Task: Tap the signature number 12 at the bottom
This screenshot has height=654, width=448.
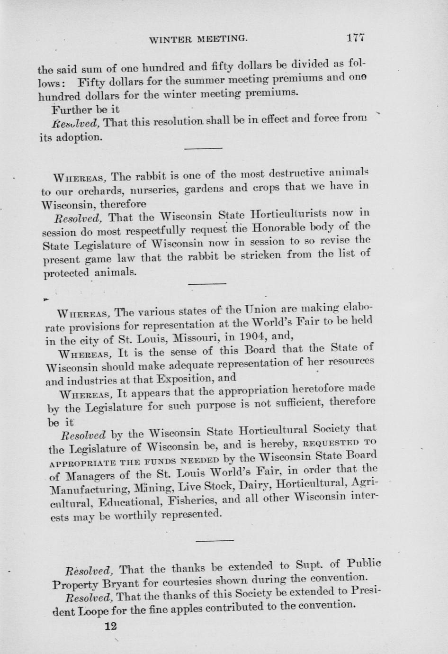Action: click(110, 626)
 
